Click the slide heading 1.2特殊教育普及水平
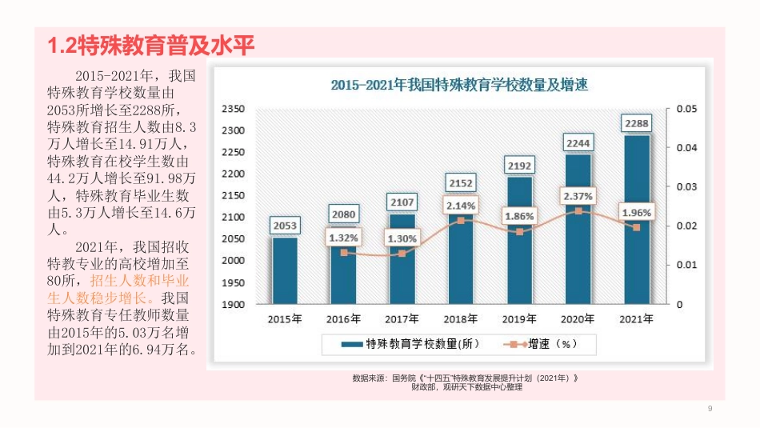(x=151, y=46)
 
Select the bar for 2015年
(x=285, y=270)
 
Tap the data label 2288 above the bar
(x=637, y=123)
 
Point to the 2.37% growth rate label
(x=578, y=195)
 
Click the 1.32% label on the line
(x=343, y=237)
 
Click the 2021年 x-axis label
(x=637, y=318)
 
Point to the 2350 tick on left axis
(x=232, y=109)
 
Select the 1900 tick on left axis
(x=232, y=305)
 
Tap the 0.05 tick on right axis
(x=687, y=109)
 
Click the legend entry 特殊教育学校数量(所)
(x=410, y=344)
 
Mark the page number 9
(x=710, y=410)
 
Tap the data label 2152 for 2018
(x=461, y=183)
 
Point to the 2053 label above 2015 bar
(x=285, y=226)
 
